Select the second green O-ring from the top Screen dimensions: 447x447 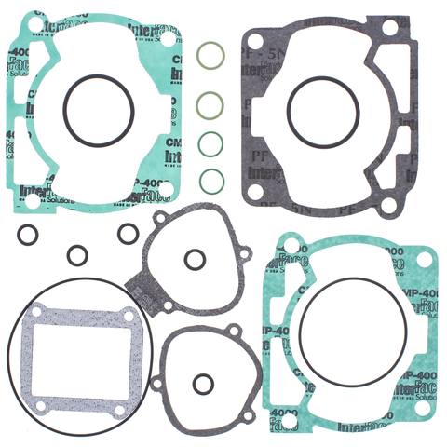click(211, 101)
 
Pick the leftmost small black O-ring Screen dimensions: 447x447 click(28, 233)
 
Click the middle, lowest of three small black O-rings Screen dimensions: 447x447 click(77, 252)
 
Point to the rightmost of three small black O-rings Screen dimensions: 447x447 click(127, 233)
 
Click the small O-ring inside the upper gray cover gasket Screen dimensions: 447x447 click(195, 259)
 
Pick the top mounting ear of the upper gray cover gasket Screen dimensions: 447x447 click(163, 216)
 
